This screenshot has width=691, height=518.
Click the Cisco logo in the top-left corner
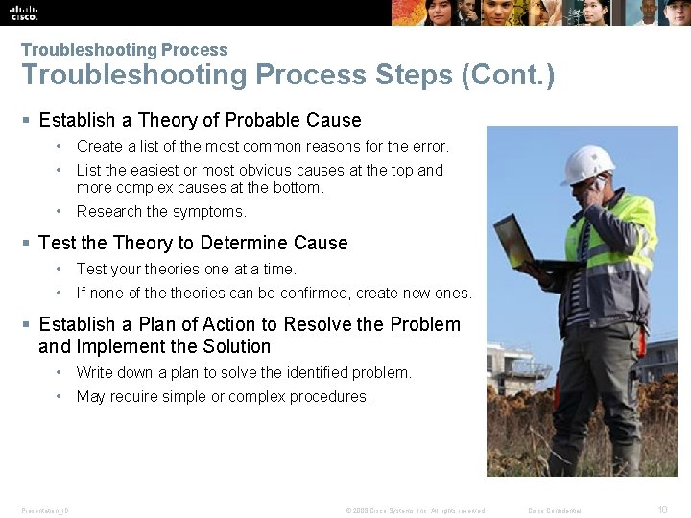(25, 12)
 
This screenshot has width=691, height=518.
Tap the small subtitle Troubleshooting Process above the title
(124, 50)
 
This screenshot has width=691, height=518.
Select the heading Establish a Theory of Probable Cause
(200, 120)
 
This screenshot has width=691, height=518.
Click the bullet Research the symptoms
(161, 211)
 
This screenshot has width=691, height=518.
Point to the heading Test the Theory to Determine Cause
(193, 243)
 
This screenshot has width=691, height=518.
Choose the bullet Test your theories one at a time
(186, 269)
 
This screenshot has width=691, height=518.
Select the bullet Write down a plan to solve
(244, 372)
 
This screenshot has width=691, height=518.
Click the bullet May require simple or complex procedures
(223, 396)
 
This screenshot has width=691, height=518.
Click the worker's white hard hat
(587, 164)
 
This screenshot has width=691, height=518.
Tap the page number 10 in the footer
(662, 510)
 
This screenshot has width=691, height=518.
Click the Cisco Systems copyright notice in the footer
(415, 510)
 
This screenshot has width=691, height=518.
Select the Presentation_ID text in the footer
(45, 510)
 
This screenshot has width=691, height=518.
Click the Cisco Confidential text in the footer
(555, 510)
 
